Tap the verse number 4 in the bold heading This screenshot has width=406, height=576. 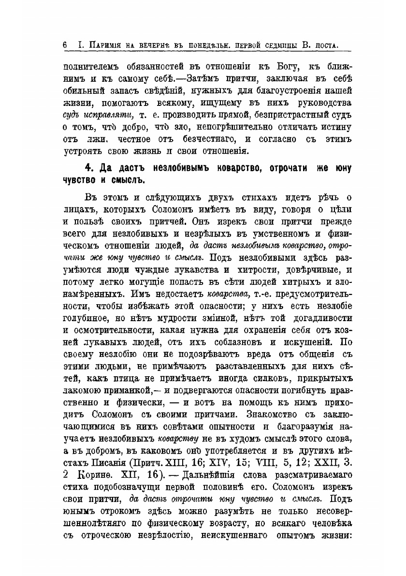tap(88, 169)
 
